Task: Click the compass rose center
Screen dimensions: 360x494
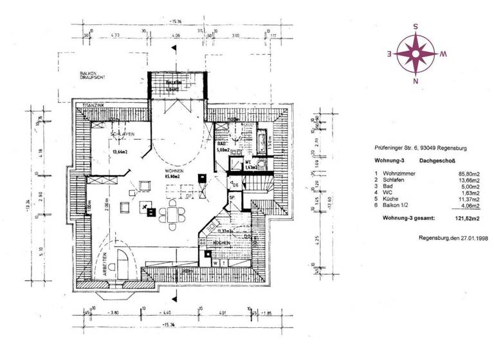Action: click(416, 53)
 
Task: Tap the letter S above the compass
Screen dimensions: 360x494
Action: click(416, 27)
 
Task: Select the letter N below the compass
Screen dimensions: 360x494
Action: click(416, 81)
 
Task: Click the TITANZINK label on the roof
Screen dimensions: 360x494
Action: click(86, 104)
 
